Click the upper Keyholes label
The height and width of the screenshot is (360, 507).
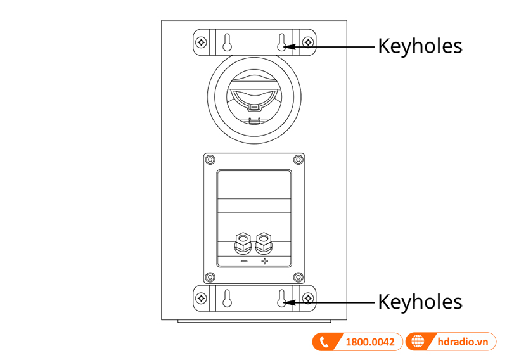[420, 46]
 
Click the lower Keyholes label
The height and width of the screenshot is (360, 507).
[420, 302]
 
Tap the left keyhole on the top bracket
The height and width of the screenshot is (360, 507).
[228, 42]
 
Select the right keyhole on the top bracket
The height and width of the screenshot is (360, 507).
[282, 42]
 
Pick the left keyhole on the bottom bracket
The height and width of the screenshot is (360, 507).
[228, 299]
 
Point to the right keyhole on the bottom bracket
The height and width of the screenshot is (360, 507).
[282, 299]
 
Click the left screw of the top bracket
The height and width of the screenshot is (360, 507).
[201, 42]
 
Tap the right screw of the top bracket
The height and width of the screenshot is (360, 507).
[308, 42]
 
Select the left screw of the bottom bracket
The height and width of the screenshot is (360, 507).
[201, 298]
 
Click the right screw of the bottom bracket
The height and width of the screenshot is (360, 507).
[308, 298]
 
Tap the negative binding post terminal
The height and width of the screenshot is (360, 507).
[243, 243]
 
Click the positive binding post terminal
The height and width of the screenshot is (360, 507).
[264, 243]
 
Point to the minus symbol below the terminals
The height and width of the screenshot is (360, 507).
[244, 261]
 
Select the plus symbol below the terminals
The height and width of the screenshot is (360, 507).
[264, 261]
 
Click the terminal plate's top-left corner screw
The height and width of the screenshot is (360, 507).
[210, 160]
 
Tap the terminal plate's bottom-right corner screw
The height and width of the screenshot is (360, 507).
[298, 277]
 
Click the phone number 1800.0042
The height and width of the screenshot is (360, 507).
[370, 342]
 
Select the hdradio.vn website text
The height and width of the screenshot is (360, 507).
[463, 342]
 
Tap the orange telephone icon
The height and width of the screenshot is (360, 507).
[324, 342]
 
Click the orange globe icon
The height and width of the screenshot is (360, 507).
[418, 342]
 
